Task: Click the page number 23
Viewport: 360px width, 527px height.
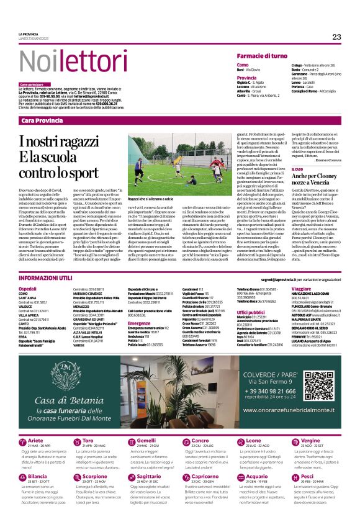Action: coord(336,37)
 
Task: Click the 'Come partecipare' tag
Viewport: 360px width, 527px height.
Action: coord(32,84)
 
